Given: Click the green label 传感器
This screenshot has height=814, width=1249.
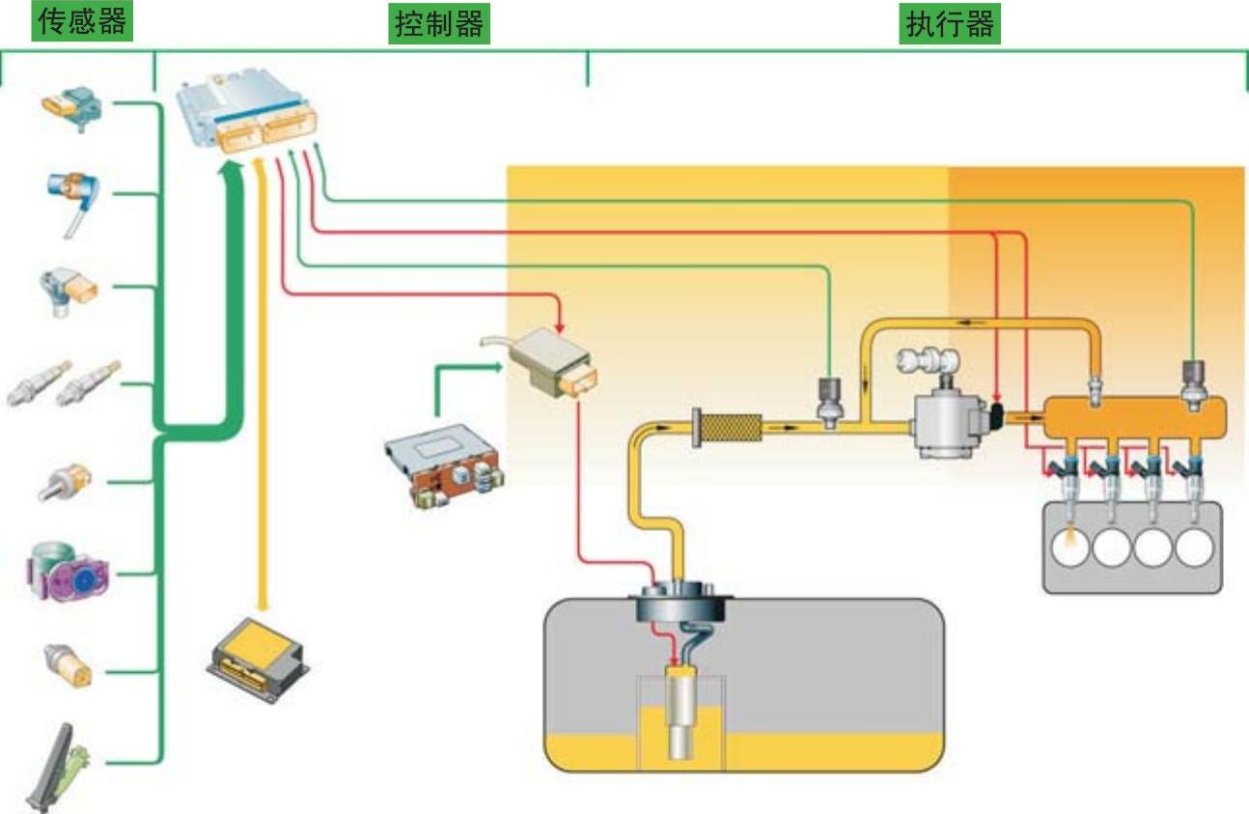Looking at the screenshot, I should click(x=83, y=21).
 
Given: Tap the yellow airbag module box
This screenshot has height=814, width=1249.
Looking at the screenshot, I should click(x=258, y=647).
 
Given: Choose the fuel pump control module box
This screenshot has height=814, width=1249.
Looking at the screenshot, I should click(x=550, y=362).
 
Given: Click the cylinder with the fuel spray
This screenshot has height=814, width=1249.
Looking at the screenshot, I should click(x=1070, y=547).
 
